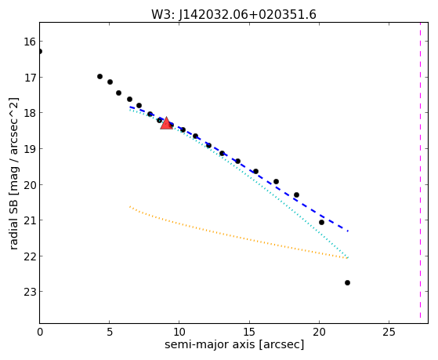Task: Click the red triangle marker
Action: (x=166, y=123)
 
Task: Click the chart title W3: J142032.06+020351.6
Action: (x=233, y=14)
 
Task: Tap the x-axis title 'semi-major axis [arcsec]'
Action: (x=234, y=344)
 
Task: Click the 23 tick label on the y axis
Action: (x=30, y=292)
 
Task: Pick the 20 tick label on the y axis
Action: (x=30, y=184)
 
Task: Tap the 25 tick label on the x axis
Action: (x=389, y=332)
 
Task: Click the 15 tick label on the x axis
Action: (x=249, y=332)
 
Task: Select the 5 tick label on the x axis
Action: (x=110, y=332)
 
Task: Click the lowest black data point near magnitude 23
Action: (x=347, y=283)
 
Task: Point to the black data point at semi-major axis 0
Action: (x=40, y=52)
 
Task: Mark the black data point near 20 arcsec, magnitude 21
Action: (x=321, y=223)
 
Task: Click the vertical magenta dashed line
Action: (x=420, y=171)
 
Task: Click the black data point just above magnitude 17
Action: (x=100, y=76)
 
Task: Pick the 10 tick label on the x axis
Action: (x=179, y=332)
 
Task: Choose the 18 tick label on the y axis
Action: (x=30, y=113)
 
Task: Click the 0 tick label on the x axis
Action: (x=40, y=332)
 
